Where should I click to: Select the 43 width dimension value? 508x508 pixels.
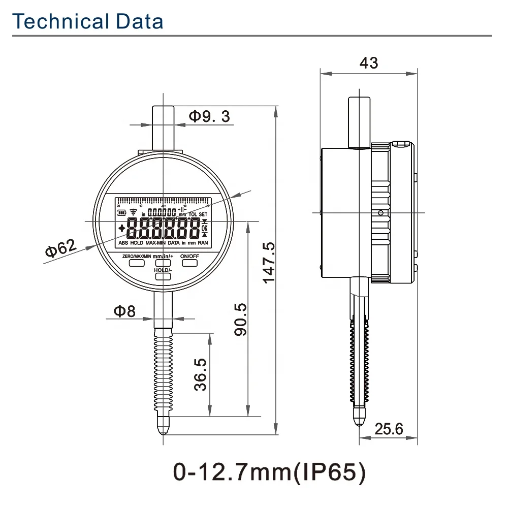(368, 62)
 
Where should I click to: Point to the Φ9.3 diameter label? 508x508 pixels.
(209, 116)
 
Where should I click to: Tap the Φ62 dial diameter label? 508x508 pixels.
(60, 249)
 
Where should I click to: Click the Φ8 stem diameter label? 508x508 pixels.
(124, 311)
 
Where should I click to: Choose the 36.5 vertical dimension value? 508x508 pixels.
(201, 374)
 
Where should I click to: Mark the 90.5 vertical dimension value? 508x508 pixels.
(240, 319)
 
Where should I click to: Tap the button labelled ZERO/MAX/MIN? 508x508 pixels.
(137, 263)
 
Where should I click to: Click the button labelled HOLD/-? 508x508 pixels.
(163, 276)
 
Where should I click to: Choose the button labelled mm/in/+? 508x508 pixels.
(163, 263)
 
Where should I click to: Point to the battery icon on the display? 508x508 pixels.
(122, 213)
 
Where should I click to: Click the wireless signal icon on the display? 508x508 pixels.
(134, 212)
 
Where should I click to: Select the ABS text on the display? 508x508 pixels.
(123, 243)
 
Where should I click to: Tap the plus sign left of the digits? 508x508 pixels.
(122, 229)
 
